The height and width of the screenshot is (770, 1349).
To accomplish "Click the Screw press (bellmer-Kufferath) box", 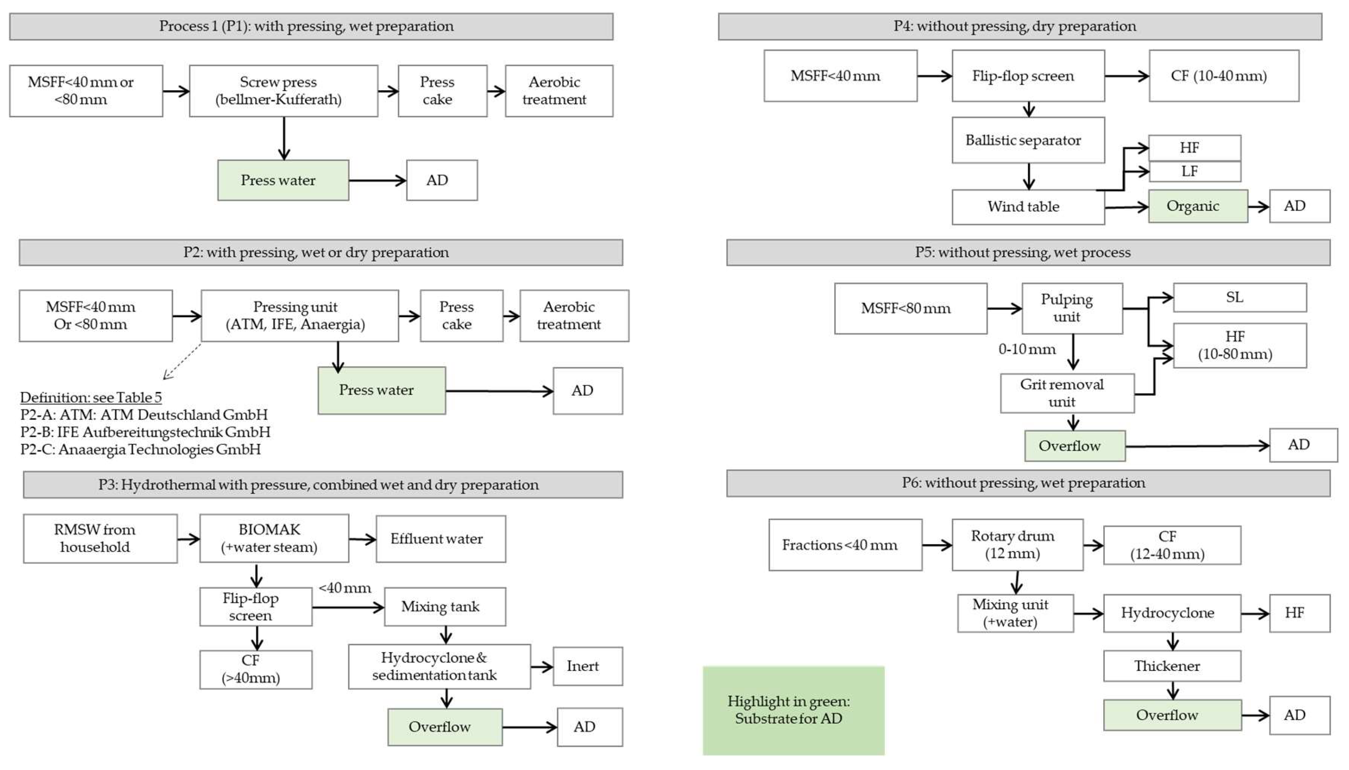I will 283,91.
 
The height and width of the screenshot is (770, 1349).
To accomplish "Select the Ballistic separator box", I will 1027,140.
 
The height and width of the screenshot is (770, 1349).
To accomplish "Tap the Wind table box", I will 1027,207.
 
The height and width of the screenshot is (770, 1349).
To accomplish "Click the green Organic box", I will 1197,206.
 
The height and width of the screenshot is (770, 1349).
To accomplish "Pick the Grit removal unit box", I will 1066,393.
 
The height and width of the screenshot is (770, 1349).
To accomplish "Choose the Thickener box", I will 1171,666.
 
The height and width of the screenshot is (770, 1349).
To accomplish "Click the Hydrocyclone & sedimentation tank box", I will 439,667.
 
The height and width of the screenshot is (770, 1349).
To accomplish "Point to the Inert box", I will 587,667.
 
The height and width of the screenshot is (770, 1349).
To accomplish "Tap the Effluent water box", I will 440,539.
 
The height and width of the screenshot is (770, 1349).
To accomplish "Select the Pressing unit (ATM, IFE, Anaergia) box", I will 299,316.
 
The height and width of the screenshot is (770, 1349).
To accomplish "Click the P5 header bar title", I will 1027,252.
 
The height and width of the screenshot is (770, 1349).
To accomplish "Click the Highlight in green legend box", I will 793,710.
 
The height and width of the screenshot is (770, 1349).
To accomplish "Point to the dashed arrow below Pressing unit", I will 182,361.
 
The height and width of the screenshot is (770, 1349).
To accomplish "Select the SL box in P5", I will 1239,297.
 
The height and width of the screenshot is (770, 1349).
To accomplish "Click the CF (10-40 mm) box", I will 1223,76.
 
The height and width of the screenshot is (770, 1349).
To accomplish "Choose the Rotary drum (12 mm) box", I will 1017,545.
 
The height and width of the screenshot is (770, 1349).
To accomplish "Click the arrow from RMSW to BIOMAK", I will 188,539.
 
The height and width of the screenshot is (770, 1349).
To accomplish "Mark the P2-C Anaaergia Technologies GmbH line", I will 141,450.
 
